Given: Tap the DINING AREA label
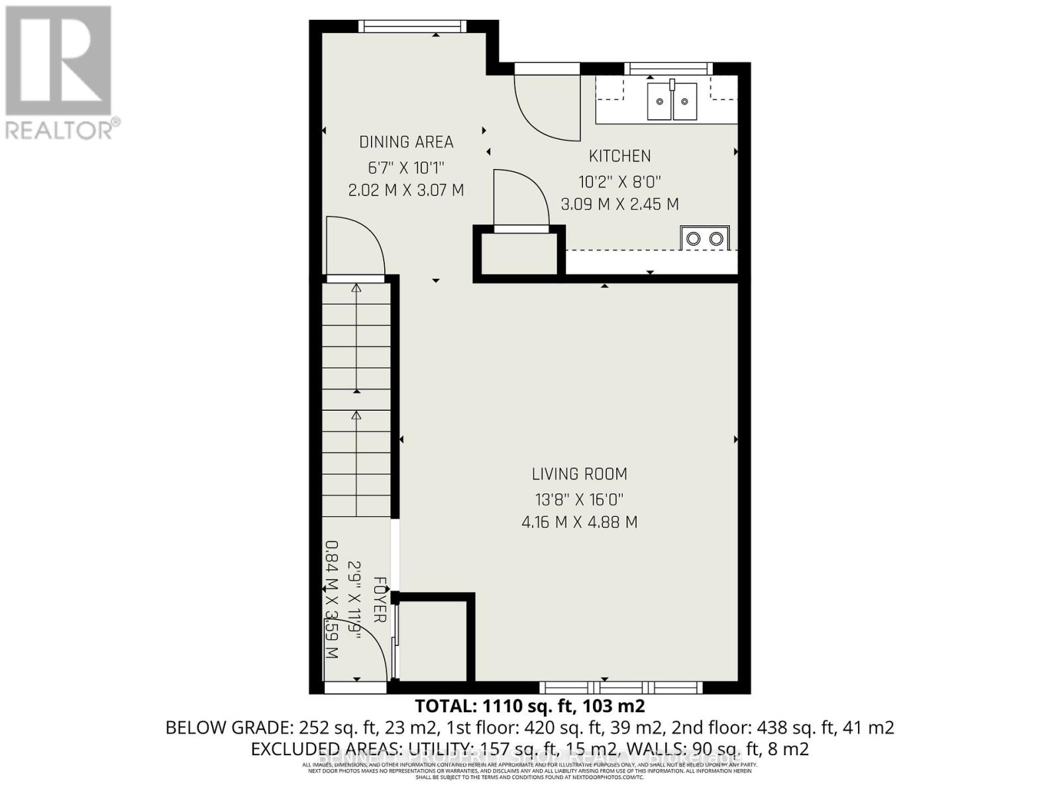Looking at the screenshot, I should coord(406,142).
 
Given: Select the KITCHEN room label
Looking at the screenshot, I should coord(619,156).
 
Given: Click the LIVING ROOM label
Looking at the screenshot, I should coord(579,474).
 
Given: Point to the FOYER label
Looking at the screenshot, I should coord(380,600).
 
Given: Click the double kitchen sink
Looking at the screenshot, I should coord(672,101).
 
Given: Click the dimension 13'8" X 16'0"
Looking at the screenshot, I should coord(579,499).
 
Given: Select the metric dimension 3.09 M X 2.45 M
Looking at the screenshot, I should coord(619,205).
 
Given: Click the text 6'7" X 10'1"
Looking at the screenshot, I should coord(406,167).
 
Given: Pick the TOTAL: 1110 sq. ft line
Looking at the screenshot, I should coord(529,705).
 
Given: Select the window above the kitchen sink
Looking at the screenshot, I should coord(668,68).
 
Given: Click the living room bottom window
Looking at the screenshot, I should coord(620,687).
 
